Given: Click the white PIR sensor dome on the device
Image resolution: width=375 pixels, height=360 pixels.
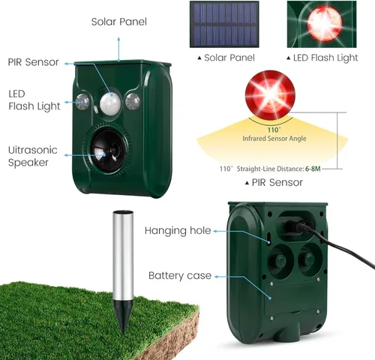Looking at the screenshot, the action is coord(110,103).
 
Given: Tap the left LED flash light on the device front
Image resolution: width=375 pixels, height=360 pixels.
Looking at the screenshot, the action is coord(82,102).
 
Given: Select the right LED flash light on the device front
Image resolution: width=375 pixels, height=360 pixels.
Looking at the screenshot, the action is coord(133,101).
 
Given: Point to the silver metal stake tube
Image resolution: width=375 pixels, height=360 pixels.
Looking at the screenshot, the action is coord(123,256).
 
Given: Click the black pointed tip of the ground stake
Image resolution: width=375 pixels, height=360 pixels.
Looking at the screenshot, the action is coord(123,317).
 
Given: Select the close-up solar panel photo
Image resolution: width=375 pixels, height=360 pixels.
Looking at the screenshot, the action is coord(224,24).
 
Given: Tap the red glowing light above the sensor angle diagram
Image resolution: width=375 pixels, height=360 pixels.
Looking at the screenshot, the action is coord(270,95).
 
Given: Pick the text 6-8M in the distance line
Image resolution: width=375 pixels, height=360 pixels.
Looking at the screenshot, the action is coord(313,169).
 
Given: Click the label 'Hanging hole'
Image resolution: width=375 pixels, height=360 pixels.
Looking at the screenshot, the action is coord(178,231).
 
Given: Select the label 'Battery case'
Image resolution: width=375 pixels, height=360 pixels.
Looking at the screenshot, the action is coord(180,275).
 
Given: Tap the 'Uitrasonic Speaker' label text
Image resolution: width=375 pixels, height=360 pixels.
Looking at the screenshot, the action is coord(33,156).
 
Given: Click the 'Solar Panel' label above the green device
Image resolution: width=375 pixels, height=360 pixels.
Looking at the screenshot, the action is coord(119,22).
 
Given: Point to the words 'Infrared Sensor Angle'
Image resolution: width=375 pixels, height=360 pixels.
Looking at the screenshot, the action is coord(274,139).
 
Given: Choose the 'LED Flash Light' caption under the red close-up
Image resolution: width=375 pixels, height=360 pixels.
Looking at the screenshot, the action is coord(325,58).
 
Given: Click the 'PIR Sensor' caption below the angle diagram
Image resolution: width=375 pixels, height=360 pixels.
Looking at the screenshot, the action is coord(277,182).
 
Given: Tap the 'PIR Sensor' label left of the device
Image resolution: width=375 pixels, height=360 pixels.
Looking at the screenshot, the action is coord(33,62).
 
